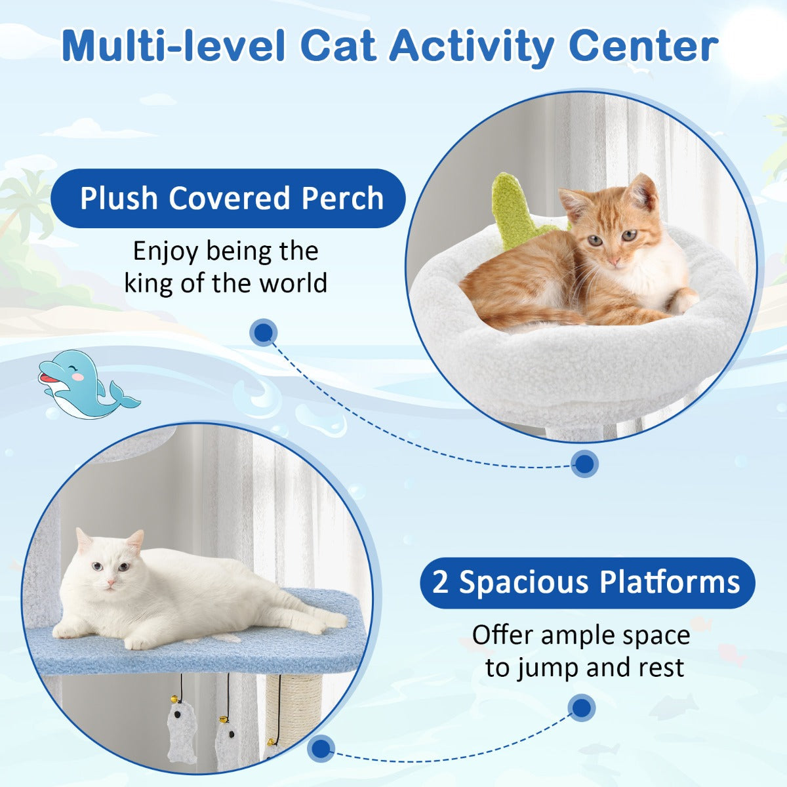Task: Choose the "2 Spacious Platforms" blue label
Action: [587, 582]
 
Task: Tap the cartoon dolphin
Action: [85, 386]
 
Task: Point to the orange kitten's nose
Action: [615, 261]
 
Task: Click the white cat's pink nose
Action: [109, 582]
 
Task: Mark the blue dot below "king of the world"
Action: [263, 333]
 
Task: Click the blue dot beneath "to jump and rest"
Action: [580, 708]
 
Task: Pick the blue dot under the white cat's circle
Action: [321, 748]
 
